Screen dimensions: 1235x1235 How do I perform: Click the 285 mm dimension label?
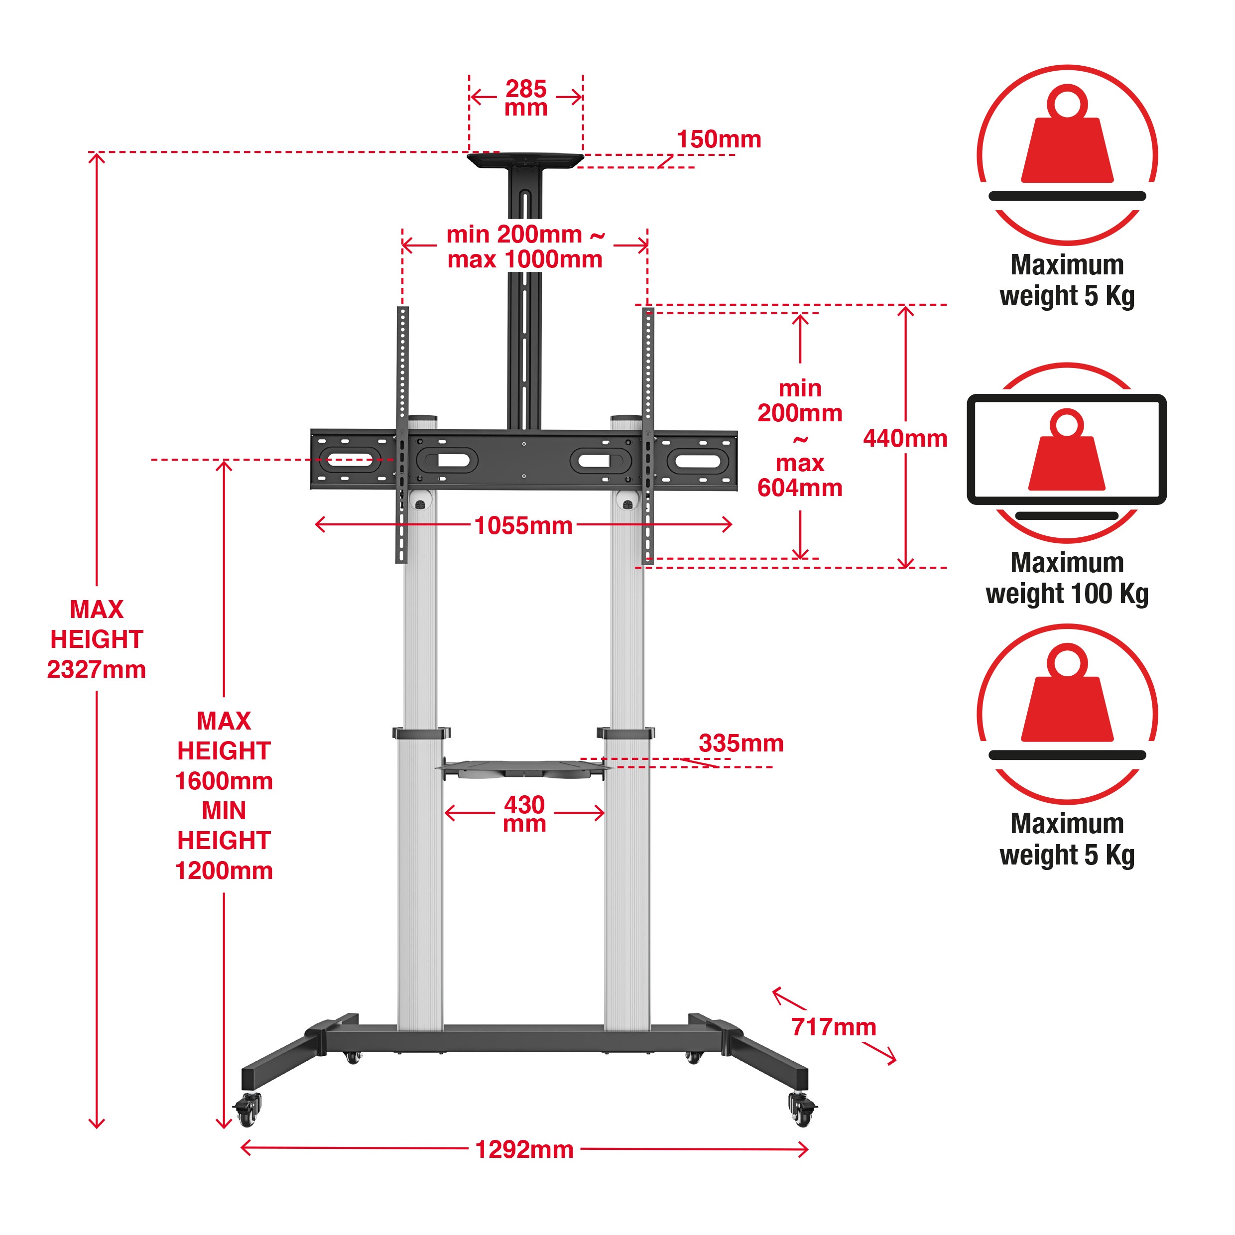[525, 98]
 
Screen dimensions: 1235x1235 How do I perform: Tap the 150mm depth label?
[719, 139]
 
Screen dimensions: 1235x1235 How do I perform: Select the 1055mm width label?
[523, 525]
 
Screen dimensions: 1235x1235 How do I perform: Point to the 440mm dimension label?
[904, 439]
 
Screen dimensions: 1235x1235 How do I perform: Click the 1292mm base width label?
[524, 1149]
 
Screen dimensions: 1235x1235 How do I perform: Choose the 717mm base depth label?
[833, 1027]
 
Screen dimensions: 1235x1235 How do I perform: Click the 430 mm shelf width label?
[524, 813]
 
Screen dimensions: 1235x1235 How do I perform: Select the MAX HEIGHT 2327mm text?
[97, 639]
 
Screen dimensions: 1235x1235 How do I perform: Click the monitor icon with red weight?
[1066, 451]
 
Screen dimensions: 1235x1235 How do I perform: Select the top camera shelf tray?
[525, 160]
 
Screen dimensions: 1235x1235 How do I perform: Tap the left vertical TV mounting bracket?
[402, 435]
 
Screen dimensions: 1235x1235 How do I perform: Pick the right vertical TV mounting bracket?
[648, 435]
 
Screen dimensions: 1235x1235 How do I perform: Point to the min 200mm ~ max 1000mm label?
[525, 247]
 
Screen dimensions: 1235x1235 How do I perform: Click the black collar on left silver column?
[421, 733]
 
